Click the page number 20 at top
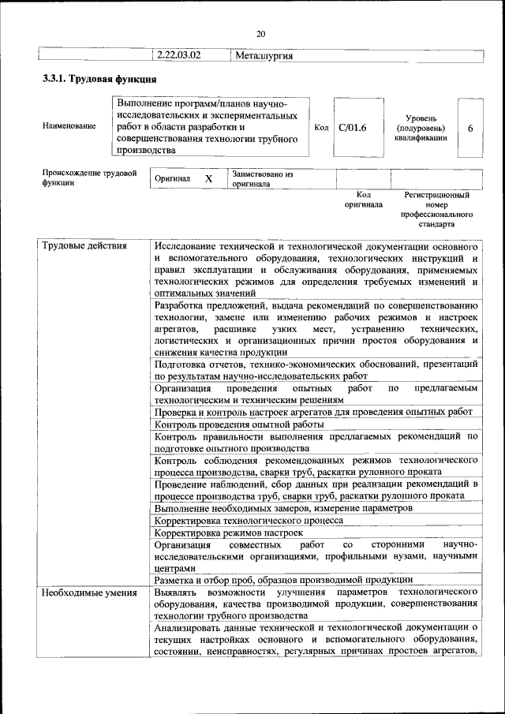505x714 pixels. click(x=260, y=32)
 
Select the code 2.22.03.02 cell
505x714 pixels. click(x=179, y=55)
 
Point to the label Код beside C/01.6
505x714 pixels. click(x=321, y=127)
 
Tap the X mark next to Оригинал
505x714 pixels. click(x=208, y=179)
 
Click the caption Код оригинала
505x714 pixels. click(x=363, y=200)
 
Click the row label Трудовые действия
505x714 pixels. click(x=84, y=246)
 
